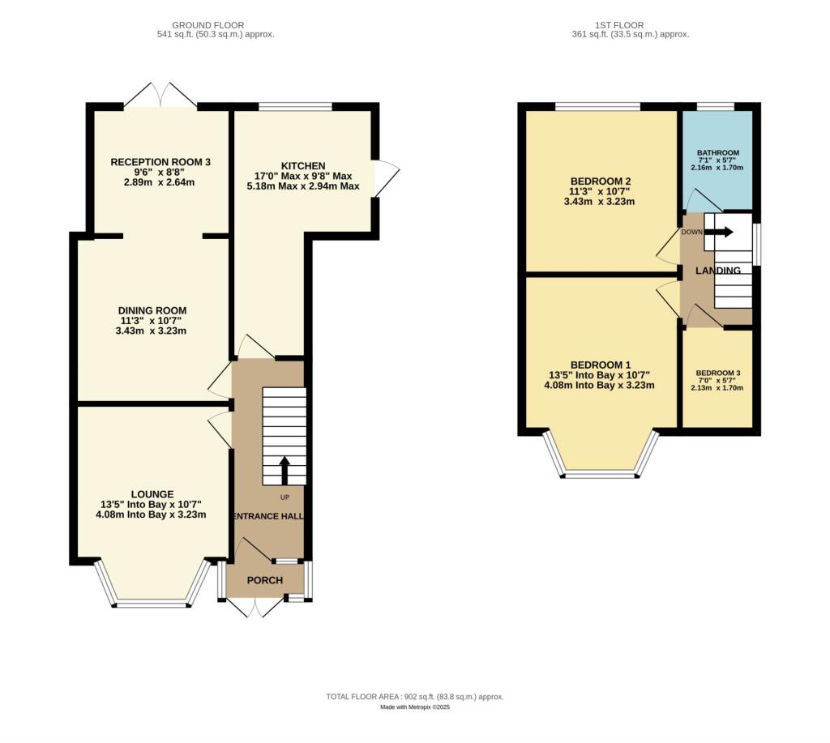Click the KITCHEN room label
[x=303, y=165]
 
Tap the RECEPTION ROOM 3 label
[x=160, y=162]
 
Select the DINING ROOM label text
[x=152, y=310]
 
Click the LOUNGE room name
[x=152, y=493]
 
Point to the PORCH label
[x=265, y=580]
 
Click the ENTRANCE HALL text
[x=268, y=517]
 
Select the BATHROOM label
[x=718, y=153]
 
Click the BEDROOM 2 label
[x=601, y=181]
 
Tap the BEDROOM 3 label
[x=718, y=374]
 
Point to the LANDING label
[x=718, y=271]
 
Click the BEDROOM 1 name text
[x=601, y=364]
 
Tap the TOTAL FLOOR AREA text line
[x=414, y=697]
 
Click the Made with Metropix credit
[x=414, y=707]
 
